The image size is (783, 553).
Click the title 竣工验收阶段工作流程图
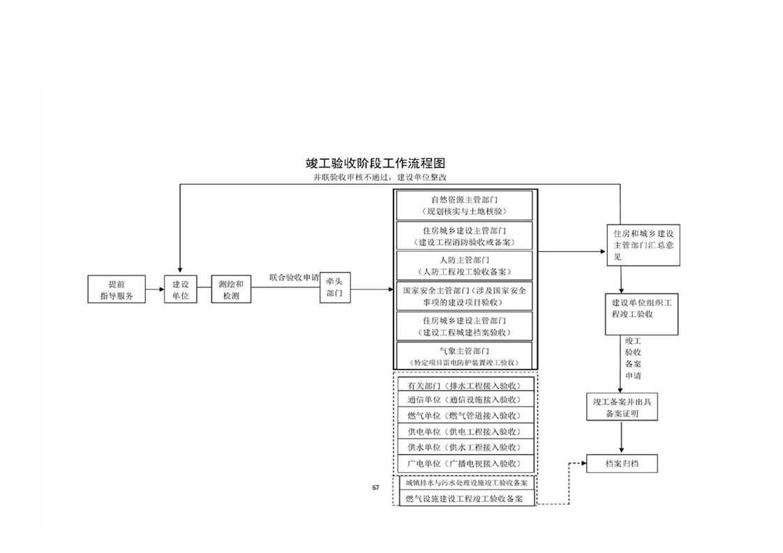pyautogui.click(x=375, y=163)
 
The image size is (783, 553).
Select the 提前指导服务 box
pyautogui.click(x=117, y=289)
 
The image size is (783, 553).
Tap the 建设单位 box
pyautogui.click(x=181, y=289)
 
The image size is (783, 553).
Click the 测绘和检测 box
pyautogui.click(x=230, y=289)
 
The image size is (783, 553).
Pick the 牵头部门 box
pyautogui.click(x=334, y=288)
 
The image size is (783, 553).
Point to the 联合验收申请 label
pyautogui.click(x=294, y=277)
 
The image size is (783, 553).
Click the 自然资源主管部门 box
pyautogui.click(x=464, y=205)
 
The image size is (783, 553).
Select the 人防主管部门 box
pyautogui.click(x=464, y=265)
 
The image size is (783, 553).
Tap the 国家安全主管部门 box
pyautogui.click(x=464, y=296)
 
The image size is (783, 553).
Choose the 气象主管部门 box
pyautogui.click(x=464, y=356)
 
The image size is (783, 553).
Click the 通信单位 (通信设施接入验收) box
pyautogui.click(x=464, y=400)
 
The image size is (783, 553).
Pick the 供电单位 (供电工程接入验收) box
pyautogui.click(x=464, y=432)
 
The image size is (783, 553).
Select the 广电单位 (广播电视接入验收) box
pyautogui.click(x=464, y=463)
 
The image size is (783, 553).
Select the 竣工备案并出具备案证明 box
pyautogui.click(x=621, y=407)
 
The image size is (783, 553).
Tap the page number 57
pyautogui.click(x=375, y=487)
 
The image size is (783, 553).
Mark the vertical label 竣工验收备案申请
pyautogui.click(x=633, y=358)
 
